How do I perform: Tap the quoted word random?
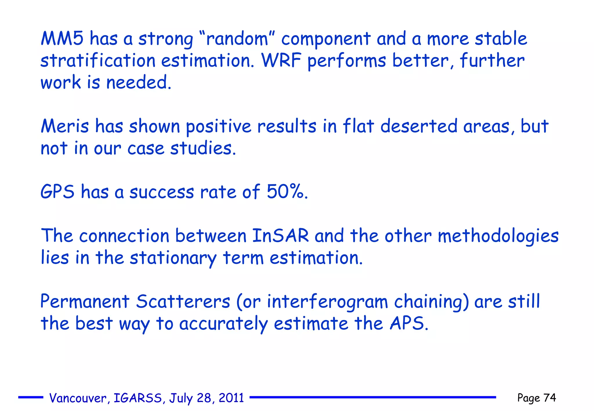coord(237,39)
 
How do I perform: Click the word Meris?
coord(65,127)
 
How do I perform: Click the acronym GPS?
coord(57,192)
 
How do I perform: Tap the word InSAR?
coord(280,235)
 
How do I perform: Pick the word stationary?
coord(173,258)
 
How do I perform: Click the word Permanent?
coord(85,301)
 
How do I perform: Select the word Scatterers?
coord(183,301)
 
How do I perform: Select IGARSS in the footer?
coord(137,398)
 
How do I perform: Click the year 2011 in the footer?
coord(231,398)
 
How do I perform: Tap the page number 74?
coord(549,398)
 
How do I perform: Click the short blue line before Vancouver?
coord(30,397)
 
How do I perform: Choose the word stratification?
coord(98,61)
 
